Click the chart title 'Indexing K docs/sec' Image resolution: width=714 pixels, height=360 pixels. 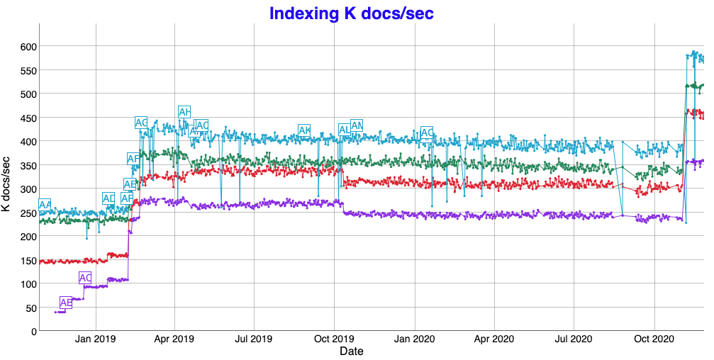click(x=352, y=13)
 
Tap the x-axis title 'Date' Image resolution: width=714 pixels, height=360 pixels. click(x=352, y=351)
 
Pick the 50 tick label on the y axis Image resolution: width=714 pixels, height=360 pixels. click(x=30, y=308)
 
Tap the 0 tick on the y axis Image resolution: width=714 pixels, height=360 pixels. click(x=33, y=331)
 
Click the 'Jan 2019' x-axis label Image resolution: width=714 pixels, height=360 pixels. click(x=95, y=339)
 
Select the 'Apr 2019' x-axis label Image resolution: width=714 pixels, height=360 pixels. click(x=174, y=339)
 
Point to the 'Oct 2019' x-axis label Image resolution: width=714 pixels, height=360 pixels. click(x=334, y=339)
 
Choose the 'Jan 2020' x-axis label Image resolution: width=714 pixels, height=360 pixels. click(x=413, y=339)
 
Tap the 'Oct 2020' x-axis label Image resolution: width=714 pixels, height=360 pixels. click(x=653, y=339)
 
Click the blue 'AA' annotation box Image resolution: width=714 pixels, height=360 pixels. click(x=45, y=205)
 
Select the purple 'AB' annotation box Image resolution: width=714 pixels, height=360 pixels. click(x=66, y=303)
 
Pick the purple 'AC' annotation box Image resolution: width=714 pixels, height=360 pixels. click(x=85, y=278)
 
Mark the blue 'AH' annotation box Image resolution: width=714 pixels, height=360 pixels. click(x=184, y=112)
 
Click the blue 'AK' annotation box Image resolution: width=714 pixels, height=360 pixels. click(x=304, y=130)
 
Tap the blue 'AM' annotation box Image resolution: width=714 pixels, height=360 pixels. click(x=357, y=125)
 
